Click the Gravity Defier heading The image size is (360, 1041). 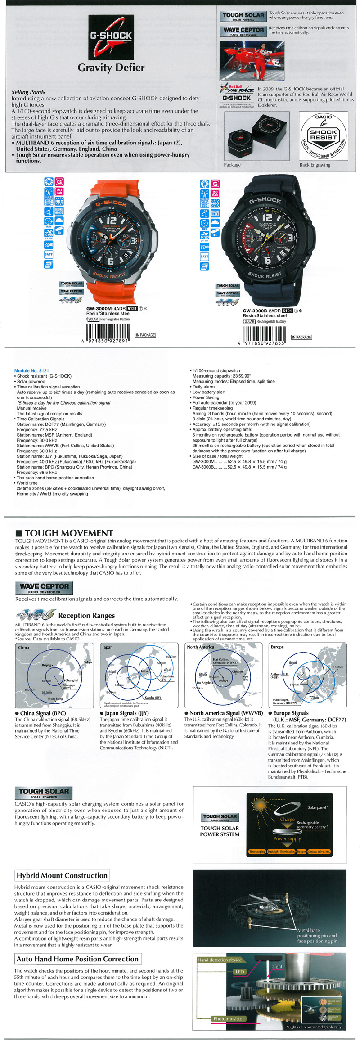pos(111,68)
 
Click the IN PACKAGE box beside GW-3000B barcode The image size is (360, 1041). pos(301,337)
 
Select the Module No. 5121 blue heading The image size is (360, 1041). pos(31,371)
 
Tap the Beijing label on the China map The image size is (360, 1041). pos(46,665)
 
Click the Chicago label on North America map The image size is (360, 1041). pos(237,671)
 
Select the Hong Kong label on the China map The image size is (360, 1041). pos(55,699)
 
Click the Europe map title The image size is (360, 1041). pos(277,647)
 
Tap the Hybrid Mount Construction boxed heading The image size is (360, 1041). pos(62,875)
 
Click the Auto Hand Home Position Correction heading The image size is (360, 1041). pos(77,959)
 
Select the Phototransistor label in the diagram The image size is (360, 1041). pos(229,1018)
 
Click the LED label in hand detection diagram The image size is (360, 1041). pos(240,972)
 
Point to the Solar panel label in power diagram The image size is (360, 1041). pos(316,807)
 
